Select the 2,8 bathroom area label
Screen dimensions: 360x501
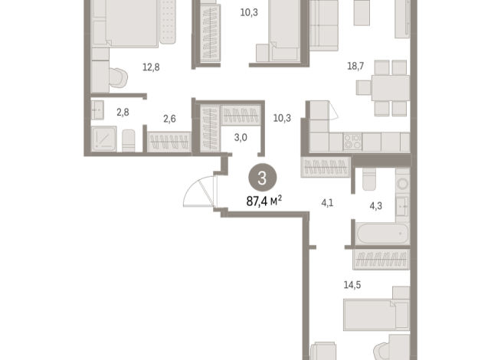[123, 113]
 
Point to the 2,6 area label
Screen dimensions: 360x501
[169, 118]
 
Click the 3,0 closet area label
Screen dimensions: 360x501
[240, 138]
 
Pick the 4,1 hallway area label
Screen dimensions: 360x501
[328, 203]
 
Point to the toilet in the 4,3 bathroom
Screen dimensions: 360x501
[368, 180]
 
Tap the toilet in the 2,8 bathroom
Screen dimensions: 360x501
[129, 141]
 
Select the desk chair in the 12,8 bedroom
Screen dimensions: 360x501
[116, 78]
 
